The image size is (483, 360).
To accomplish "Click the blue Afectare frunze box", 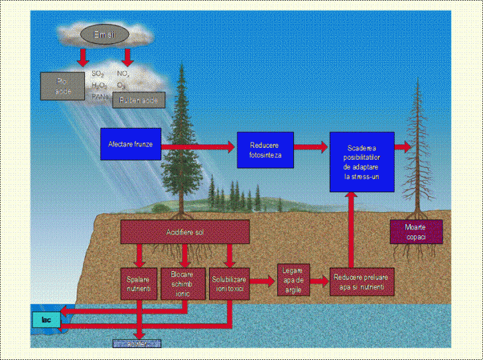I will click(130, 144).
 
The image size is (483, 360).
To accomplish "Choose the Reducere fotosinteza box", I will click(265, 150).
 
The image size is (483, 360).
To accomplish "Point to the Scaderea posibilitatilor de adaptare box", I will click(362, 162).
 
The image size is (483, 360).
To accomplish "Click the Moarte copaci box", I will click(415, 231).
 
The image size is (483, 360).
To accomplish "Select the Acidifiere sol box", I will click(184, 231).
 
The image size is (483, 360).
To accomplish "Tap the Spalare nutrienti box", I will click(139, 281).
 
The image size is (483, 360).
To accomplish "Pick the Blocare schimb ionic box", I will click(184, 281).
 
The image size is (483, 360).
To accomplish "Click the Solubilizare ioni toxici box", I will click(229, 281).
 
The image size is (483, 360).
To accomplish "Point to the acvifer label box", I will click(136, 343).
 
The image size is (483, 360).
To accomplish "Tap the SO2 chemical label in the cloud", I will click(98, 74).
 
